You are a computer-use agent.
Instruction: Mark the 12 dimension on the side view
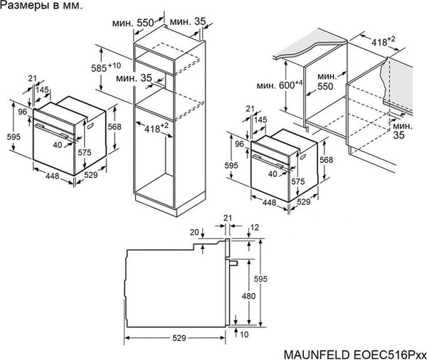(254, 227)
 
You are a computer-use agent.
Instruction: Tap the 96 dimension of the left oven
(21, 112)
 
